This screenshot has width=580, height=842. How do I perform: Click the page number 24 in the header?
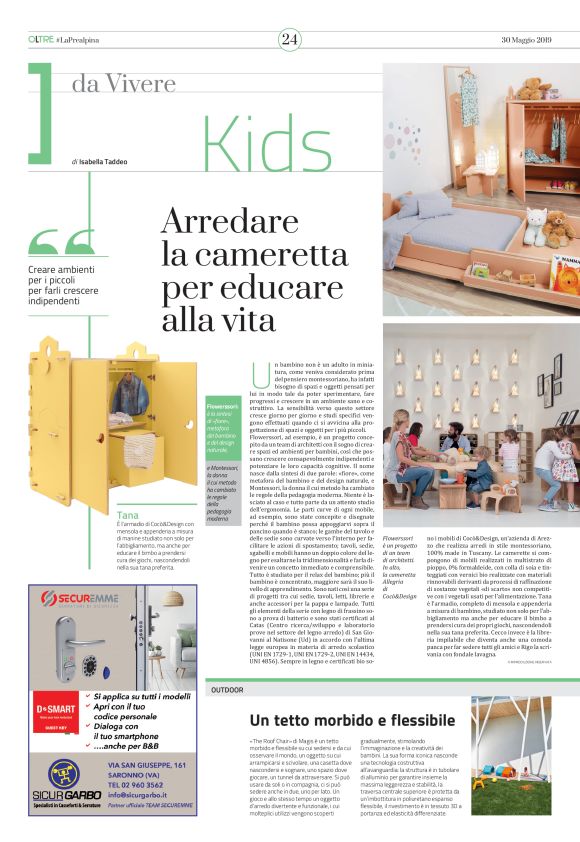[x=290, y=39]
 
